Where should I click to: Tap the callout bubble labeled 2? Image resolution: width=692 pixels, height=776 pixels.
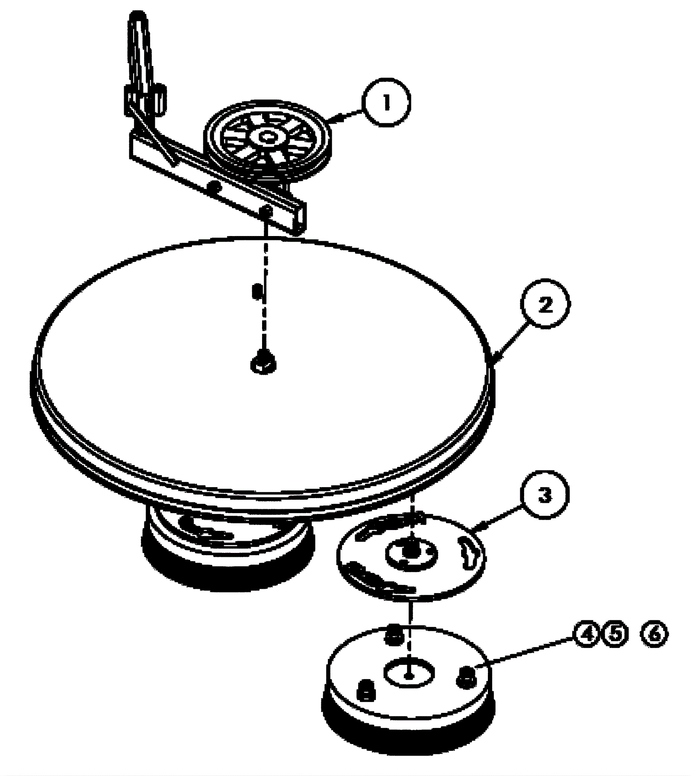coord(545,305)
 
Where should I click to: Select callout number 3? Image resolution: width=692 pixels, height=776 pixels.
coord(545,495)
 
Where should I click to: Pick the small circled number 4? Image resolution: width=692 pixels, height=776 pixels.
coord(587,634)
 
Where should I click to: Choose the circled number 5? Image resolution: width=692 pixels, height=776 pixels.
coord(615,634)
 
